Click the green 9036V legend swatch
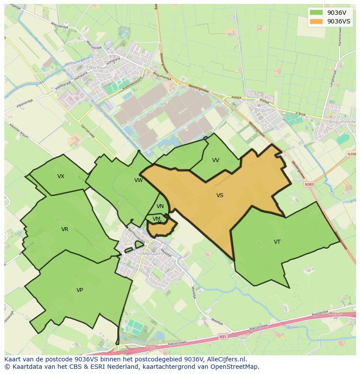click(x=317, y=13)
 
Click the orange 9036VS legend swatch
click(x=317, y=21)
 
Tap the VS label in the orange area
click(x=220, y=195)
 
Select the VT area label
click(x=277, y=242)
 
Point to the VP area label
click(x=80, y=290)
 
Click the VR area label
click(x=65, y=229)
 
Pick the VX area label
click(x=61, y=176)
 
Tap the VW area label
click(x=138, y=180)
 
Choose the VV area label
click(x=216, y=160)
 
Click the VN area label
click(x=160, y=206)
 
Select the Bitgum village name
click(x=263, y=110)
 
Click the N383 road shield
click(x=309, y=184)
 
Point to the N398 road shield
click(x=351, y=154)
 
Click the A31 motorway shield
click(x=223, y=336)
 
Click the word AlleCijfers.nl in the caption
click(x=226, y=359)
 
